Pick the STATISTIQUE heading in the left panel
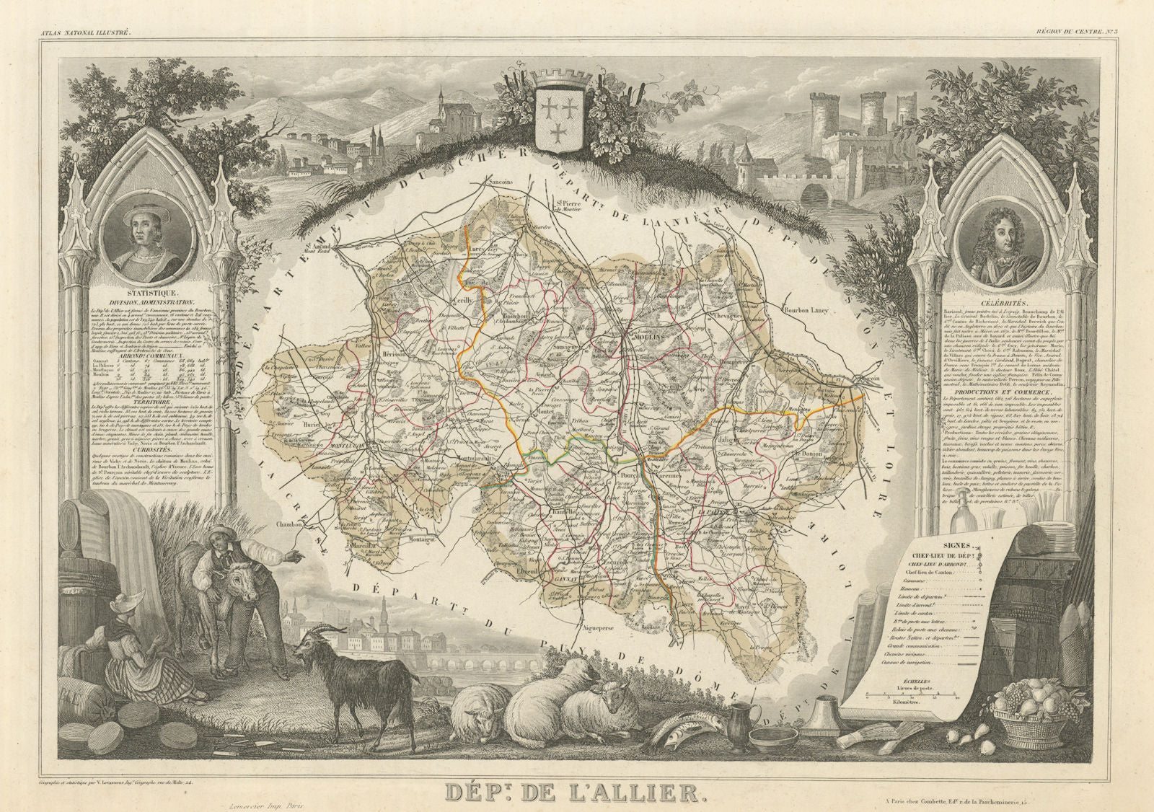pyautogui.click(x=145, y=294)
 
